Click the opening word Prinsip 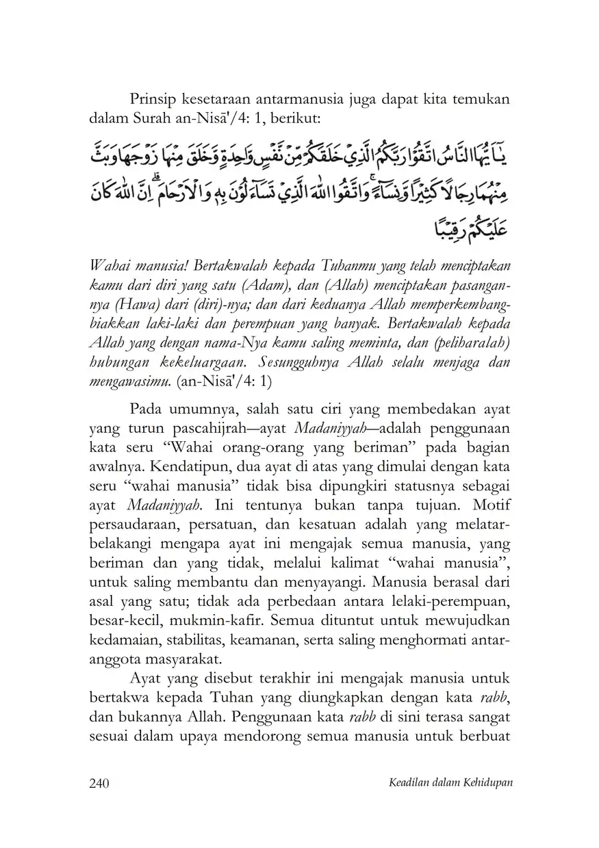click(x=151, y=100)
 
